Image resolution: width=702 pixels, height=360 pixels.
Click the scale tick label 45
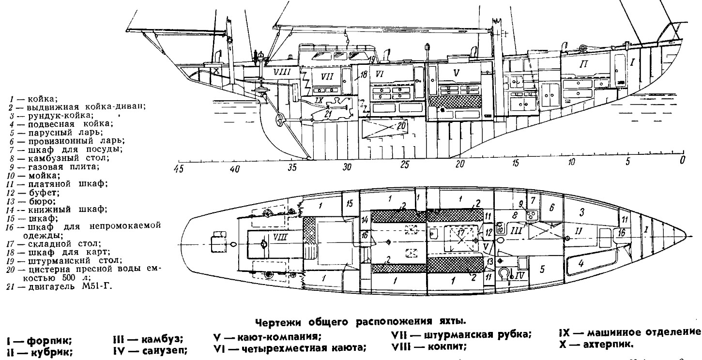(x=179, y=169)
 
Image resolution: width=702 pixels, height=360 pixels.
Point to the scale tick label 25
(x=405, y=165)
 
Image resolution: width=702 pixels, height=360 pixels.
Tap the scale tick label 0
(x=683, y=160)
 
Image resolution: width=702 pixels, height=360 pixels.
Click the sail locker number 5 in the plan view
(x=543, y=269)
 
